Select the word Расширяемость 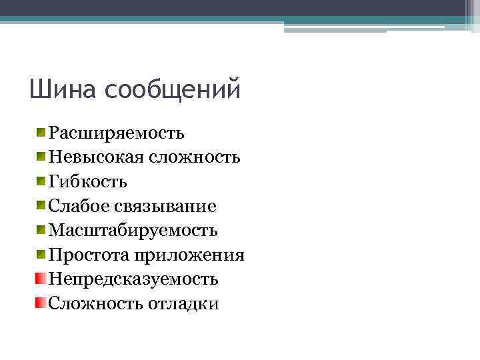click(117, 133)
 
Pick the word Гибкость click(88, 182)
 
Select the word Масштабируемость click(133, 231)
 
